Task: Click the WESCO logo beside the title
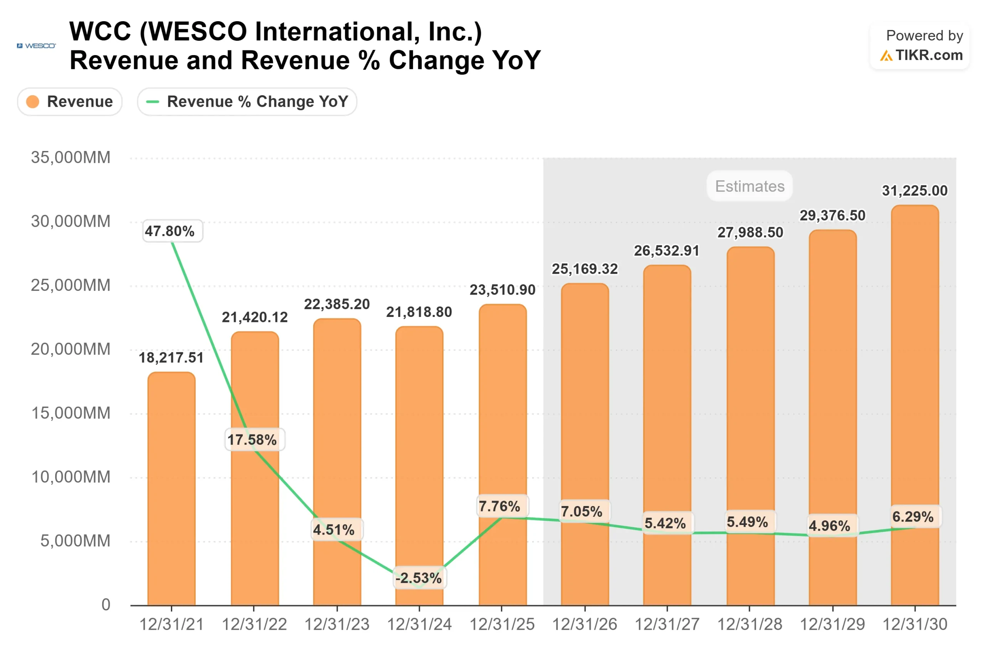(36, 45)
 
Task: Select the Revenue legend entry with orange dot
(70, 101)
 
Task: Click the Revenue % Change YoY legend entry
(247, 101)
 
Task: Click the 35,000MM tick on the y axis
(70, 158)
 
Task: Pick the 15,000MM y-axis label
(70, 413)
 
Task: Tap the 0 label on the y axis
(106, 605)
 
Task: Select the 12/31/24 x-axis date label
(419, 624)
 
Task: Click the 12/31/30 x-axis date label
(914, 624)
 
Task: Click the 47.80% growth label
(170, 231)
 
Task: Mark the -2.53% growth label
(419, 578)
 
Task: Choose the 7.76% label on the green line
(500, 506)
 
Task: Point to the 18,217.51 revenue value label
(171, 357)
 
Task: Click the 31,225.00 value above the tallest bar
(914, 191)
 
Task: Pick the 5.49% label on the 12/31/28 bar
(747, 522)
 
